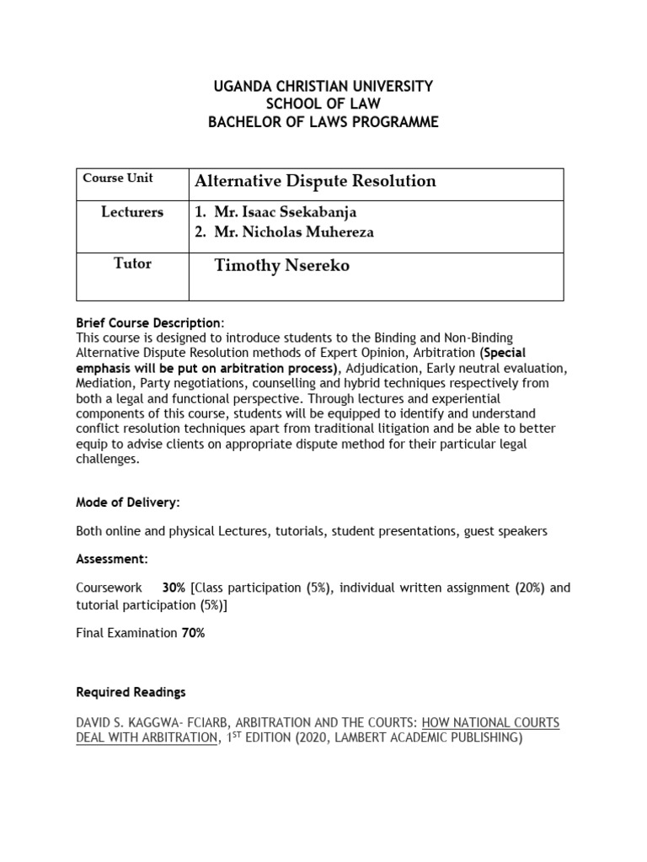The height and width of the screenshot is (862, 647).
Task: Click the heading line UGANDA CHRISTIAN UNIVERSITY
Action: point(323,87)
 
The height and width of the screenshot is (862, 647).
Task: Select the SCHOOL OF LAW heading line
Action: point(323,104)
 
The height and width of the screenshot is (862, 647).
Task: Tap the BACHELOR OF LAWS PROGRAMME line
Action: point(323,122)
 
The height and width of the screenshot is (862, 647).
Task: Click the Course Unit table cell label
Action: point(117,178)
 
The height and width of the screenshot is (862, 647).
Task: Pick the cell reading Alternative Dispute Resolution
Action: point(315,181)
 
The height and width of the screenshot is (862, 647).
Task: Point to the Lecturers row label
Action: point(132,212)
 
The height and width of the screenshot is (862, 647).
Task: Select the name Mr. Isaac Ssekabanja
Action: point(281,212)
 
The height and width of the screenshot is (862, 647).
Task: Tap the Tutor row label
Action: point(132,263)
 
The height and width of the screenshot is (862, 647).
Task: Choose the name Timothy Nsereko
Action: point(282,267)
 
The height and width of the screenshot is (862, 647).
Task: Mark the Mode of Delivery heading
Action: point(127,503)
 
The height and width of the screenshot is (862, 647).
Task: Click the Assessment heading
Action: point(112,559)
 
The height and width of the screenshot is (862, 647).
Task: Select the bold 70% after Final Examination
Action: point(193,633)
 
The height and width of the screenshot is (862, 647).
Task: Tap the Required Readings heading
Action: point(131,692)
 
